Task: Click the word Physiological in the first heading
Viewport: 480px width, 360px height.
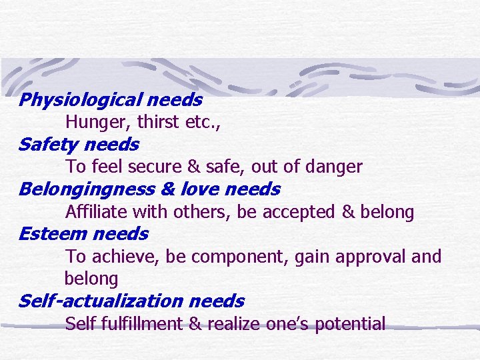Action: (79, 101)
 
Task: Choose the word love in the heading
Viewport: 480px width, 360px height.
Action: (200, 190)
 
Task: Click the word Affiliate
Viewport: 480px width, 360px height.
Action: (96, 212)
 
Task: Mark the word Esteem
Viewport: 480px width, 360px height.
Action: (53, 234)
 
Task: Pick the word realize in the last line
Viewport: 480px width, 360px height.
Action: (233, 324)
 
